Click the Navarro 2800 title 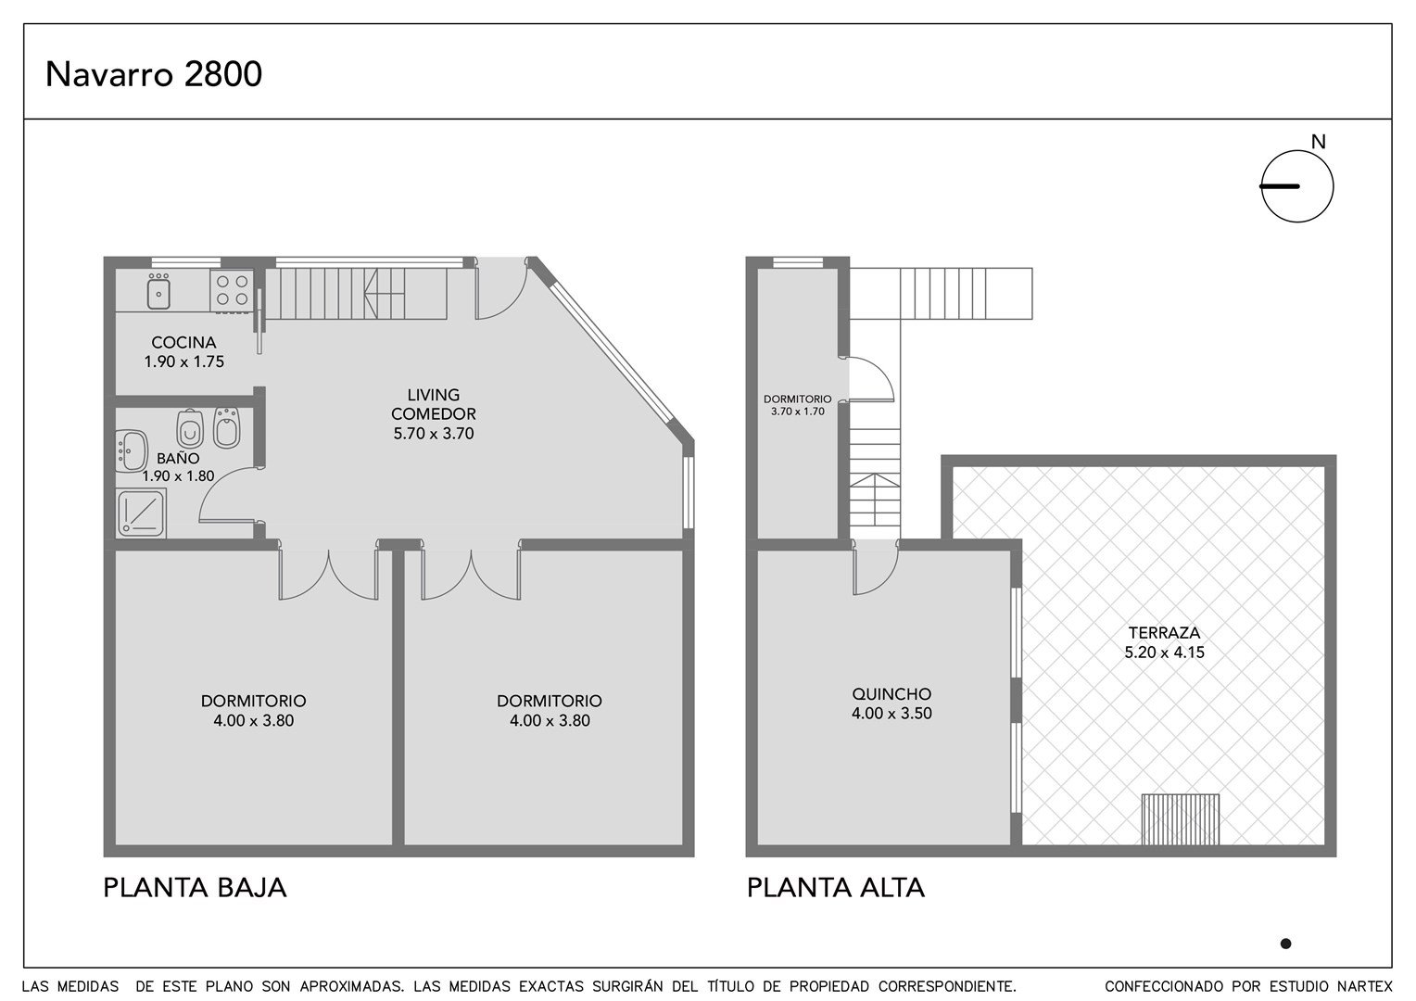click(x=154, y=75)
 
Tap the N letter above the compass click(x=1318, y=143)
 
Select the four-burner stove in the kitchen click(x=232, y=291)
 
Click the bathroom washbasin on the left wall click(x=132, y=450)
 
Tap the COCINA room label click(x=184, y=343)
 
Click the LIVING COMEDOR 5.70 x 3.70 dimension click(x=434, y=434)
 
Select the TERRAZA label click(x=1164, y=632)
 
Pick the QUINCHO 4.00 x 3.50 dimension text click(x=891, y=714)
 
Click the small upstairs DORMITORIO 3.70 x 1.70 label click(x=798, y=405)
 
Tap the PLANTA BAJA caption click(x=195, y=888)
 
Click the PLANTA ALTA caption click(x=836, y=888)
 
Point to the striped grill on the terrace click(x=1181, y=819)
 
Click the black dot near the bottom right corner click(x=1285, y=944)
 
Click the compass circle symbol click(x=1297, y=186)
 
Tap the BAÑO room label click(x=178, y=459)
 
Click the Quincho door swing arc click(x=885, y=582)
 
